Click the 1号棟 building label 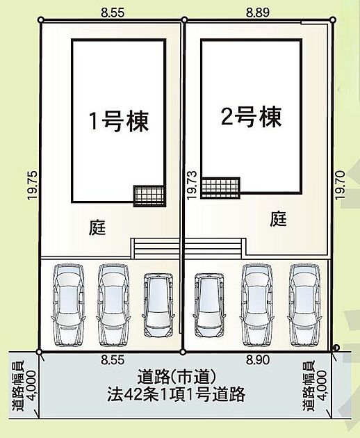pyautogui.click(x=119, y=122)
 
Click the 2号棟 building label pyautogui.click(x=251, y=117)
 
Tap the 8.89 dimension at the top pyautogui.click(x=258, y=13)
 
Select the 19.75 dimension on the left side pyautogui.click(x=33, y=185)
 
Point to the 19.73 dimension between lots pyautogui.click(x=192, y=185)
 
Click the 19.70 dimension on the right pyautogui.click(x=340, y=185)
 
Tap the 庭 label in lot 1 pyautogui.click(x=97, y=227)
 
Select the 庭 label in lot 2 pyautogui.click(x=278, y=219)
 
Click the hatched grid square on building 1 pyautogui.click(x=149, y=196)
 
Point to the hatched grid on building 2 pyautogui.click(x=220, y=188)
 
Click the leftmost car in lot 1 pyautogui.click(x=68, y=305)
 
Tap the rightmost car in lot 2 pyautogui.click(x=304, y=305)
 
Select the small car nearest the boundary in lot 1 pyautogui.click(x=158, y=305)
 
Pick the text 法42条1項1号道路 pyautogui.click(x=177, y=394)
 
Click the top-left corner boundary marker pyautogui.click(x=41, y=20)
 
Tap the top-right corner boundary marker pyautogui.click(x=333, y=20)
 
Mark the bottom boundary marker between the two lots pyautogui.click(x=183, y=352)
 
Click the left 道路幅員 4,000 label pyautogui.click(x=24, y=386)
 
